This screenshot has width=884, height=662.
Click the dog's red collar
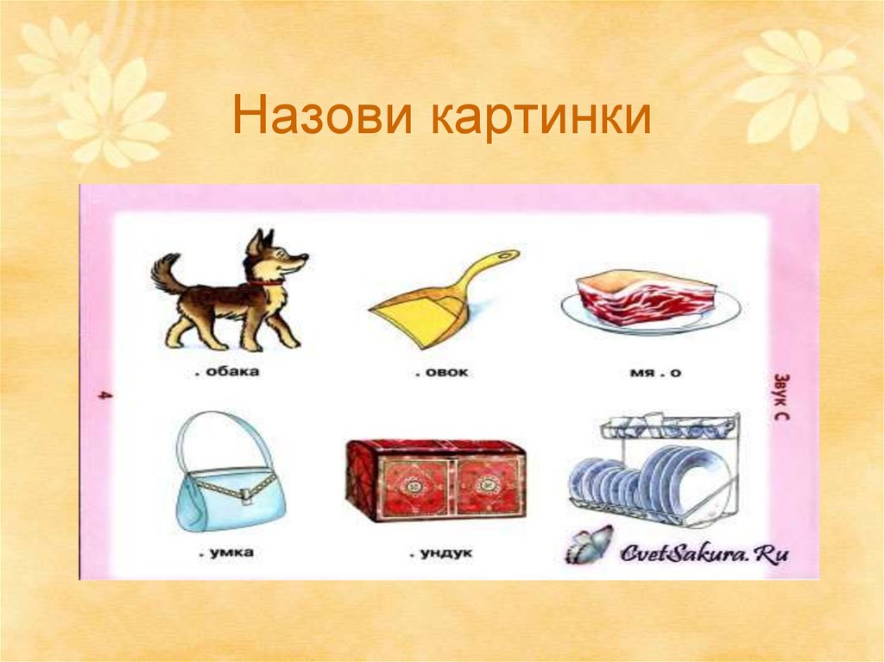pyautogui.click(x=268, y=281)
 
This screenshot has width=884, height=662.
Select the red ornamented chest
pyautogui.click(x=435, y=479)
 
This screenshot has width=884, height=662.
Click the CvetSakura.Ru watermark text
pyautogui.click(x=704, y=554)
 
